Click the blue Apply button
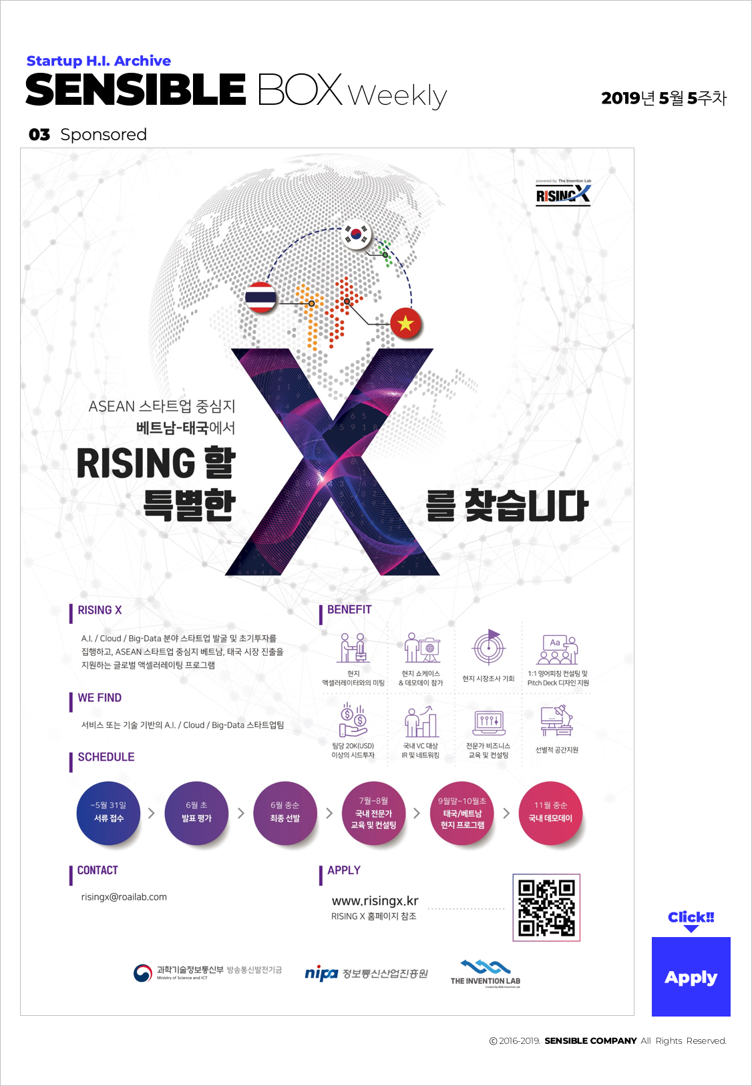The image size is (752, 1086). (691, 976)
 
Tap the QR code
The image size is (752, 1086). (546, 908)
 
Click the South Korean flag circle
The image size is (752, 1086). (357, 234)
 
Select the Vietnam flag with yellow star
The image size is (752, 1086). (405, 324)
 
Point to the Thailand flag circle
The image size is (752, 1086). (260, 298)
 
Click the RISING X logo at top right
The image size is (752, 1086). (563, 194)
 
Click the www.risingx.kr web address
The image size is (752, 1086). (375, 900)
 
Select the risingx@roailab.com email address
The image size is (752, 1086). (124, 897)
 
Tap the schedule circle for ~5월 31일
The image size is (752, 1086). (109, 813)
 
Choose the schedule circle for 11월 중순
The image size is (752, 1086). (550, 813)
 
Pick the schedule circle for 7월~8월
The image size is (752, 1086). (373, 813)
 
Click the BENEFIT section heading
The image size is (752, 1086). (349, 610)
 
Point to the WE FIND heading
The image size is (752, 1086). (100, 698)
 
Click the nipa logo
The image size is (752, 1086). (321, 973)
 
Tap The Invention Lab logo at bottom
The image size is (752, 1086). (486, 973)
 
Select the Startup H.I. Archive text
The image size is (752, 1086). (99, 61)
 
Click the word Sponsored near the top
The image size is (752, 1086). (104, 134)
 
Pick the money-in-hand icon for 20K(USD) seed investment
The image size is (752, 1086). (353, 720)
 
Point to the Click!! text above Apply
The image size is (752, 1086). (691, 917)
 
